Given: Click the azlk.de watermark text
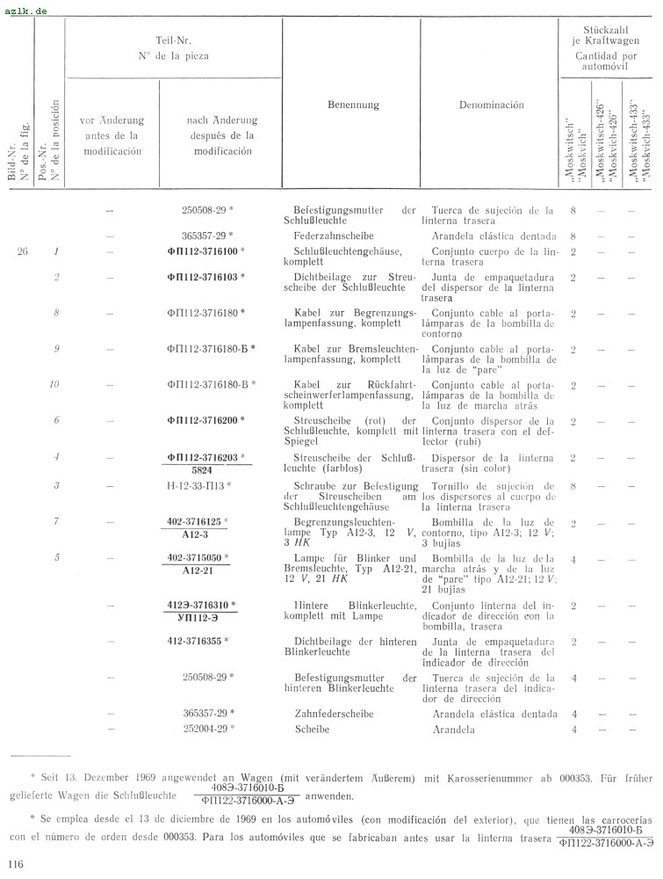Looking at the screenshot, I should click(26, 11).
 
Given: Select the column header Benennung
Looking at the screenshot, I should click(354, 105).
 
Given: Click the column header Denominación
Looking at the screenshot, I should click(491, 105).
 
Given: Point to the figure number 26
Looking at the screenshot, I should click(23, 252).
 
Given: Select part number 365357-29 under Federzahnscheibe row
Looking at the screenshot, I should click(206, 236).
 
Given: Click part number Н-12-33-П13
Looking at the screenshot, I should click(203, 485).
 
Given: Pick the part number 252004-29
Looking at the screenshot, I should click(206, 730).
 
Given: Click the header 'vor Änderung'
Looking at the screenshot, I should click(112, 121).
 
